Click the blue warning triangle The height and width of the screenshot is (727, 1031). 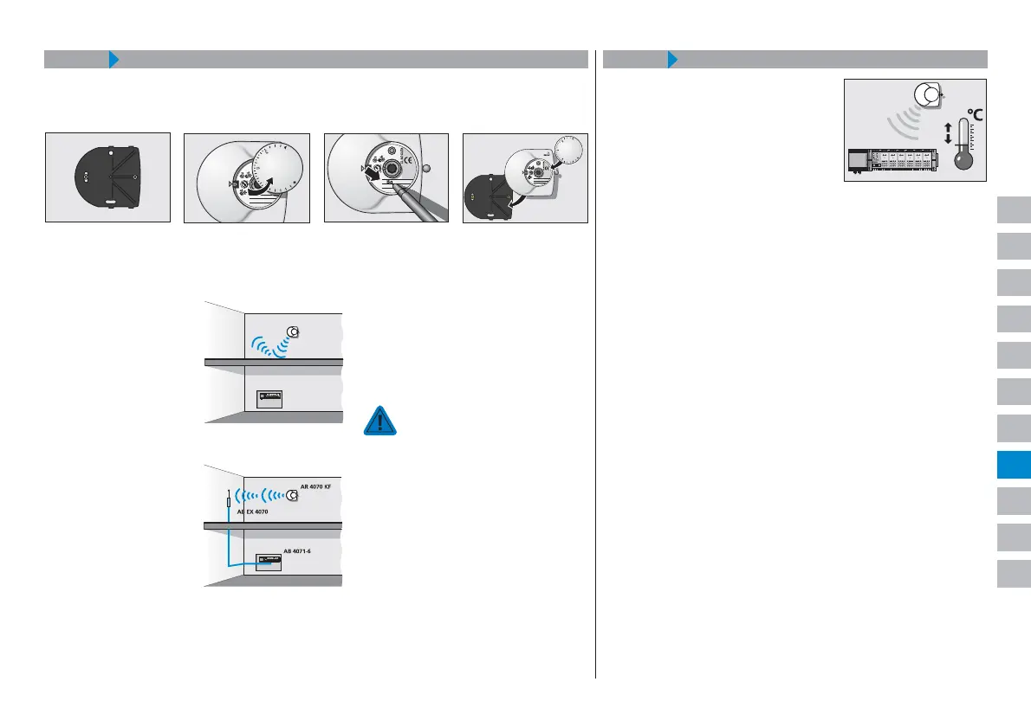[379, 420]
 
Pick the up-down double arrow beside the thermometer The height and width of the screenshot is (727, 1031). [947, 133]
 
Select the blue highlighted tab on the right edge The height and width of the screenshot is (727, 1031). [1013, 464]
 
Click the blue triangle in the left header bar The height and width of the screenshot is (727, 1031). [113, 60]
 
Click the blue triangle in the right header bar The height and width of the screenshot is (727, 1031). [672, 60]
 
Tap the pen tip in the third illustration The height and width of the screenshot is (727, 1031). [391, 184]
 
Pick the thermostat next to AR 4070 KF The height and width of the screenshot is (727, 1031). [293, 496]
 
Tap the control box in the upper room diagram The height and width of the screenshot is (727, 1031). [271, 398]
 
